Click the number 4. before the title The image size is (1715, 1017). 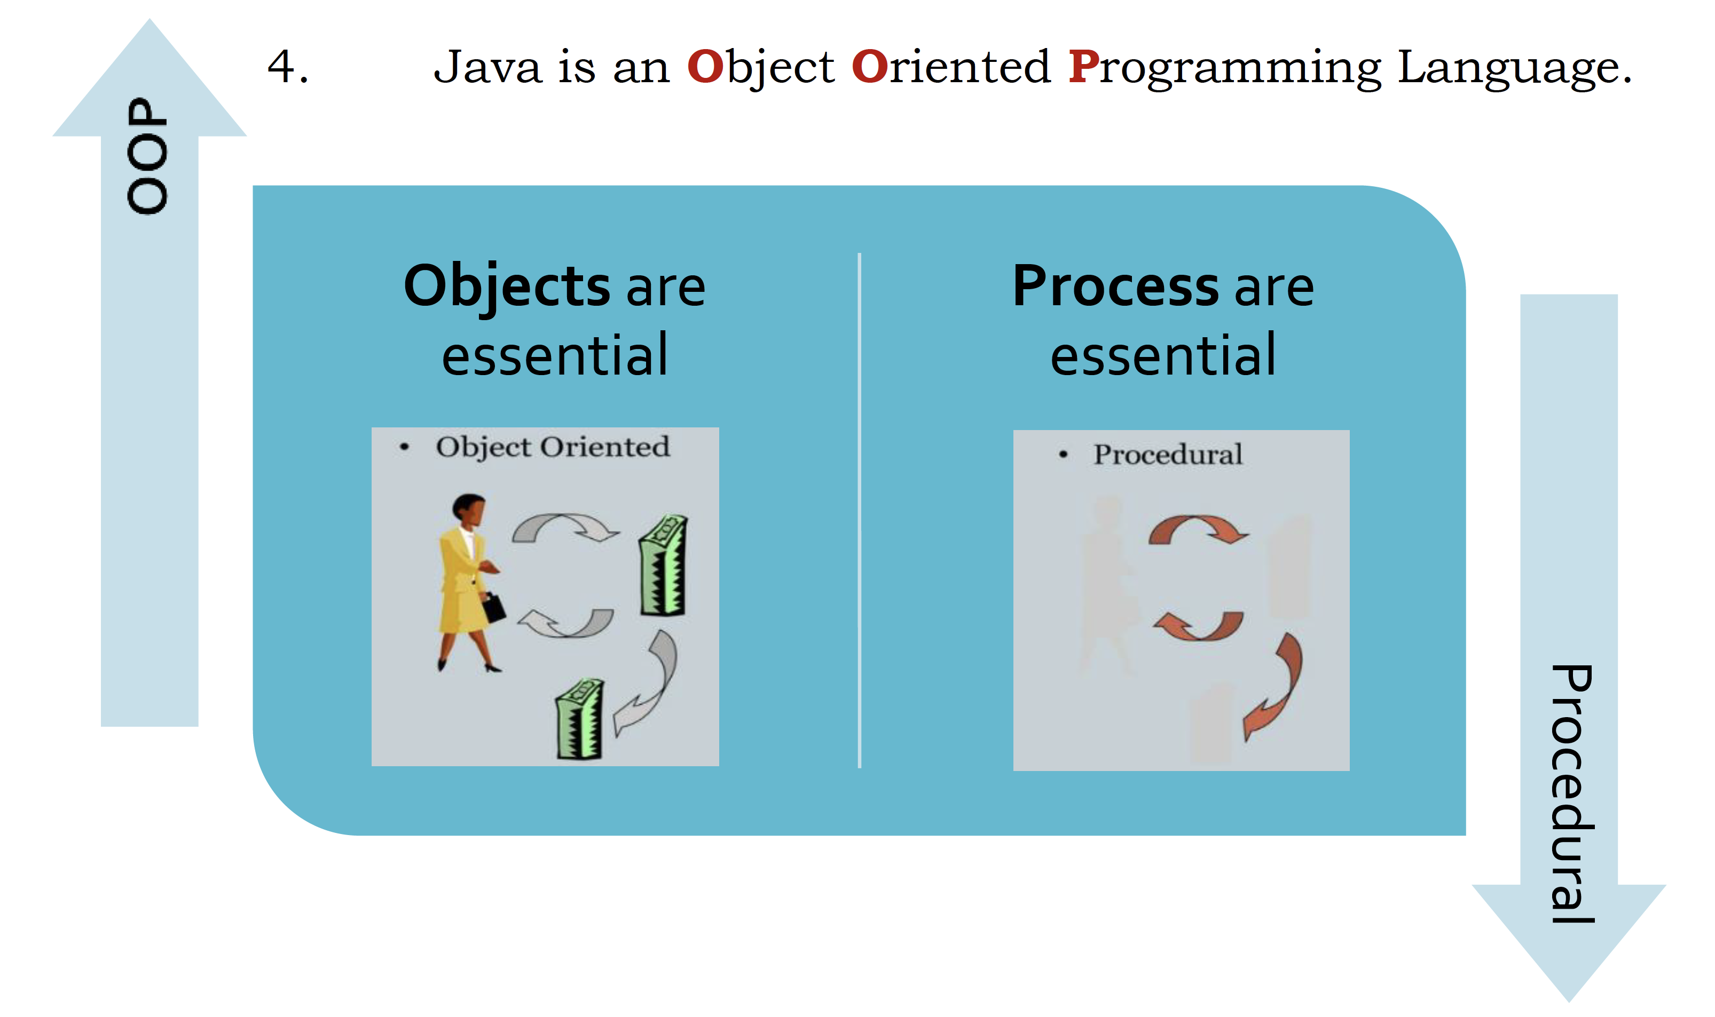coord(288,67)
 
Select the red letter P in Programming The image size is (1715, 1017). coord(1084,67)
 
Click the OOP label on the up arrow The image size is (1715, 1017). coord(147,156)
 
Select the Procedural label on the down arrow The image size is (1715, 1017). coord(1572,793)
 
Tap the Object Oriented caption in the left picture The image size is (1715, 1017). coord(553,447)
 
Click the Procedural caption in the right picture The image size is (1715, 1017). coord(1168,455)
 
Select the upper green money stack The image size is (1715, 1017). coord(663,566)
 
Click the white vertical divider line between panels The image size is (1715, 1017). coord(859,511)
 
